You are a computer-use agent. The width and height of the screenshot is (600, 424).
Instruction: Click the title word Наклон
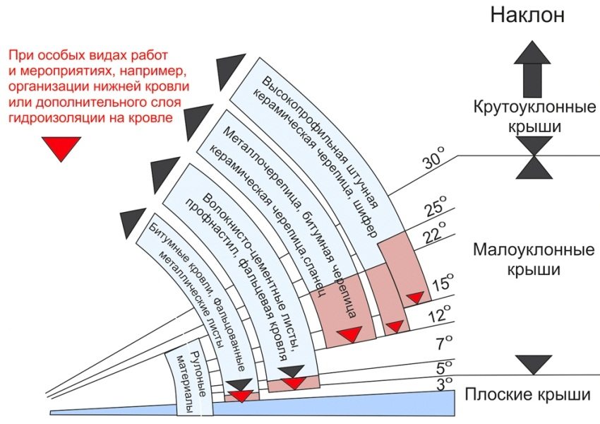pos(527,15)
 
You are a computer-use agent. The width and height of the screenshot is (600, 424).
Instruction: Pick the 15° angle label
pos(441,283)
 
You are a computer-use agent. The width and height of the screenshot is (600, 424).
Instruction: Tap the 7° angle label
pos(442,344)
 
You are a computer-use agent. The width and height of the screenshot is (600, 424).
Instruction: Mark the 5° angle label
pos(442,367)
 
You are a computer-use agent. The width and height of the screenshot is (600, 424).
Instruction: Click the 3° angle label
pos(443,384)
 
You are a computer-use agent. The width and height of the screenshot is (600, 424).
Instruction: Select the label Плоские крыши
pos(527,394)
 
